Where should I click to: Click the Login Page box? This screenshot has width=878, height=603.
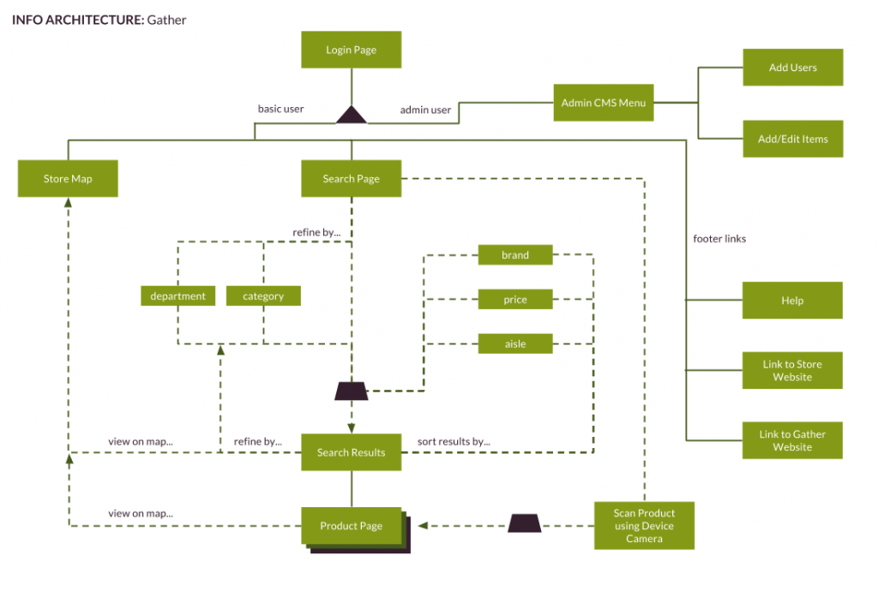coord(351,50)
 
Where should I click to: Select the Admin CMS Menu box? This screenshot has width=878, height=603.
coord(603,103)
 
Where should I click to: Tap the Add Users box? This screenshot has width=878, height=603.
coord(792,67)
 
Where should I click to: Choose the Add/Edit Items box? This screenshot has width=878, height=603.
coord(792,139)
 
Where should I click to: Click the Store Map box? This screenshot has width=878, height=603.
coord(68,179)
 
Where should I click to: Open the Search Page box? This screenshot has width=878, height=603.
coord(351,179)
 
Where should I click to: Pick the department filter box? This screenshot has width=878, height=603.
coord(177,296)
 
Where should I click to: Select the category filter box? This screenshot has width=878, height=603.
coord(263,296)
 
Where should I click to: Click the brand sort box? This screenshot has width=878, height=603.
coord(515,255)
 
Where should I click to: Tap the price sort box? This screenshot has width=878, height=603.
coord(515,300)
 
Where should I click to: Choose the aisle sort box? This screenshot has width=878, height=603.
coord(515,344)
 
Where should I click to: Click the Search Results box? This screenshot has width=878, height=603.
coord(351,452)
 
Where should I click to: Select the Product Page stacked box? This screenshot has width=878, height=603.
coord(351,526)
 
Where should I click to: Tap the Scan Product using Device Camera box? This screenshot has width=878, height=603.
coord(644,526)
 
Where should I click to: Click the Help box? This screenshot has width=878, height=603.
coord(792,301)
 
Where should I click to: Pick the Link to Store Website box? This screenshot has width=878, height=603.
coord(792,370)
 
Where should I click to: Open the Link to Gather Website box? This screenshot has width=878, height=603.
coord(792,440)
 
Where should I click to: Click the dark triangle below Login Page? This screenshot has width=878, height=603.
coord(351,116)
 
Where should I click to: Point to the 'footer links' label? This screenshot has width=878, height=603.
coord(719,239)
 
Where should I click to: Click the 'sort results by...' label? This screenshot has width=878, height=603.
coord(453,442)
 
